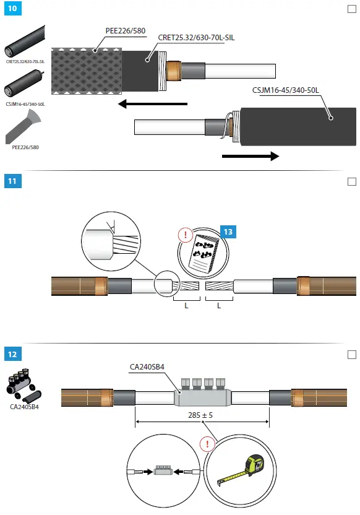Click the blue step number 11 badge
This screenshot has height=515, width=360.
12,181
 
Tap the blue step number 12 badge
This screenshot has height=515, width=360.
12,354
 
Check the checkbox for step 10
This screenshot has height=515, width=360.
352,10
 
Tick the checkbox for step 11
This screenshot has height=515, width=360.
352,181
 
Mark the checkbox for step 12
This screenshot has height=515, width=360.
352,354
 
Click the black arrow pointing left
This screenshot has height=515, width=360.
152,104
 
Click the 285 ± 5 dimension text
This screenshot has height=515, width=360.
202,415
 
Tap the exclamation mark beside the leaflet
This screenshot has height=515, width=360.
184,235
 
